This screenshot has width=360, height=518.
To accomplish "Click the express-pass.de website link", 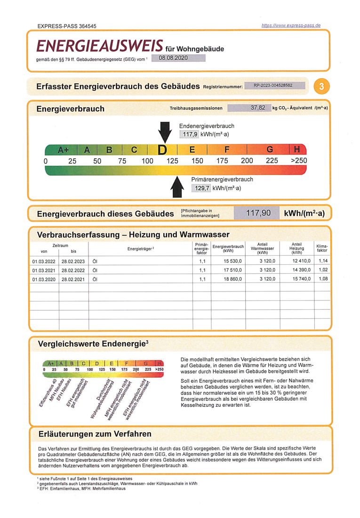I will [291, 25].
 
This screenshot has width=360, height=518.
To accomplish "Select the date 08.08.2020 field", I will [174, 58].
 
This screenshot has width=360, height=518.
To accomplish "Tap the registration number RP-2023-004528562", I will [272, 86].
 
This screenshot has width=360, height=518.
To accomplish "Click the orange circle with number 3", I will [321, 86].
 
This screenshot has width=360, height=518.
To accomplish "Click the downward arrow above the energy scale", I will [165, 131].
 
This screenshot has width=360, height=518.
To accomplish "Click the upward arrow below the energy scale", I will [177, 187].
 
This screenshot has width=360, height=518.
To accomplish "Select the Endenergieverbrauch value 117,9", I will [189, 134].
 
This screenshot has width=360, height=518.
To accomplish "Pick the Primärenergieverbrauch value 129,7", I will [201, 188].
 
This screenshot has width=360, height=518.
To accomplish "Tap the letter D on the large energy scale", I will [162, 150].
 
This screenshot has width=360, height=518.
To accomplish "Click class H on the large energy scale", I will [297, 150].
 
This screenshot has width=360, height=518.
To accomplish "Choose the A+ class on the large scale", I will [63, 150].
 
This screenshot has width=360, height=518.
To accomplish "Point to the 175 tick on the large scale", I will [222, 161].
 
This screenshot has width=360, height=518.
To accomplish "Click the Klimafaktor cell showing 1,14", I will [322, 260].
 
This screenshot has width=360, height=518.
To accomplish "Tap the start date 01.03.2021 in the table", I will [43, 270].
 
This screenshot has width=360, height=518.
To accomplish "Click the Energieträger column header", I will [140, 249].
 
